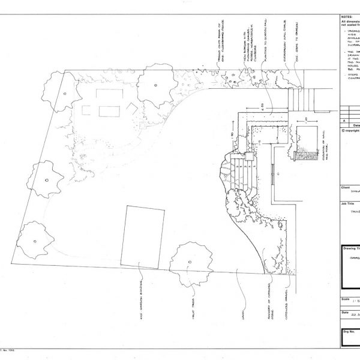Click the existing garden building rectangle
click(143, 236)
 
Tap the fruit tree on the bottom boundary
click(191, 263)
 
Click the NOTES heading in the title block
click(346, 17)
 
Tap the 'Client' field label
click(345, 187)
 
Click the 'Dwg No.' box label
click(349, 331)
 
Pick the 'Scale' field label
click(345, 298)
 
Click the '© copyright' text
click(349, 130)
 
